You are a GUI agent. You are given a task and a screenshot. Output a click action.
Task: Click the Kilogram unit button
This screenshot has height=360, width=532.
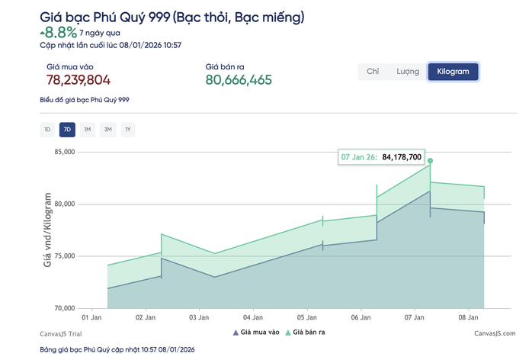tap(453, 72)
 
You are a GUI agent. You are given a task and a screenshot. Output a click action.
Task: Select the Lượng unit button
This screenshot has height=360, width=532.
tap(408, 72)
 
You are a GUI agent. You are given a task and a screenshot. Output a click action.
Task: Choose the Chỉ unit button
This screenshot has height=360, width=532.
tap(373, 72)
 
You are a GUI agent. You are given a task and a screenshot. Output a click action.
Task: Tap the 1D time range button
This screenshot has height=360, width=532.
tap(47, 130)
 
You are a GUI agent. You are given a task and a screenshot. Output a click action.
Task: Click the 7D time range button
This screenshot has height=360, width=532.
tap(67, 130)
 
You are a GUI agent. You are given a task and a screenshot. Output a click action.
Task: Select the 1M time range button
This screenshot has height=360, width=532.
tap(88, 130)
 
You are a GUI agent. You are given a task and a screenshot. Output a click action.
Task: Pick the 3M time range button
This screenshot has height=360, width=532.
tap(107, 130)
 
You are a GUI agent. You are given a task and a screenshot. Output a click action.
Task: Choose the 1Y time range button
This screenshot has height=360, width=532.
tap(127, 130)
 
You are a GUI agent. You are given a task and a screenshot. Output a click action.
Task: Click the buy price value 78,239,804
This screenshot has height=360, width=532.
tap(79, 81)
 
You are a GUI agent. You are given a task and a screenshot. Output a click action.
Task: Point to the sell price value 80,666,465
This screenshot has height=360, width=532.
tap(239, 81)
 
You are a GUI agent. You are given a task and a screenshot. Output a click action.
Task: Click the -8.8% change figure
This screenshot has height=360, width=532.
tap(58, 32)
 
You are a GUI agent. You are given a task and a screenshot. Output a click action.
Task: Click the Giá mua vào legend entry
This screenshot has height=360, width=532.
tap(256, 333)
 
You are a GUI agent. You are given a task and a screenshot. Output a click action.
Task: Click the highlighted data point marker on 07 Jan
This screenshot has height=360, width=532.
tap(430, 161)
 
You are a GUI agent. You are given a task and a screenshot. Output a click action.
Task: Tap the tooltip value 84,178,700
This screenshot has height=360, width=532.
tap(401, 157)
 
